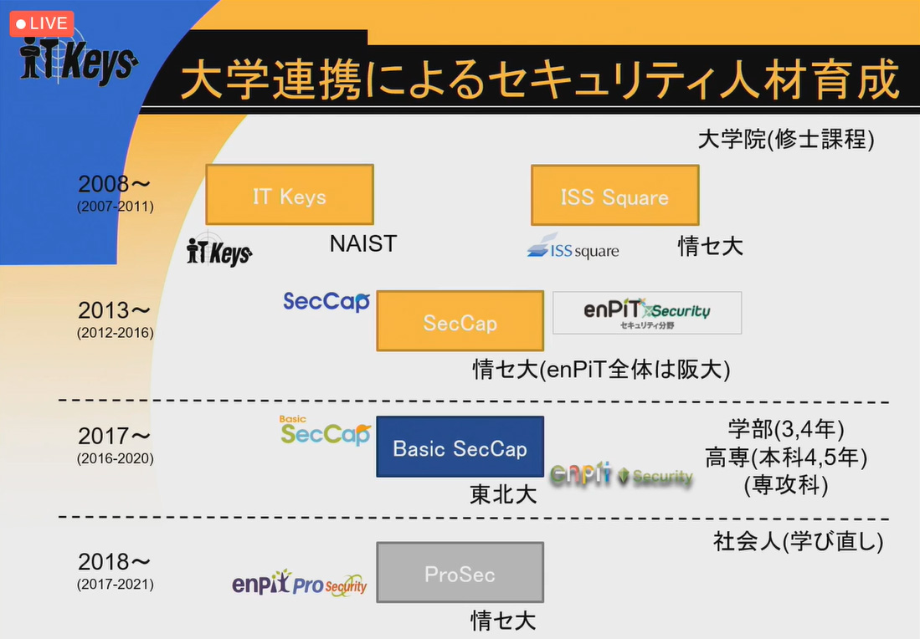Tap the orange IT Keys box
[290, 195]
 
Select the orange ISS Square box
[614, 195]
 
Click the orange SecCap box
[460, 320]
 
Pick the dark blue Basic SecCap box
[460, 447]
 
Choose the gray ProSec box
[460, 573]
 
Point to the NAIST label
[362, 243]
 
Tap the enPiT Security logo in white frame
[647, 313]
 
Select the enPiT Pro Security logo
[299, 583]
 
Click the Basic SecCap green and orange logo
[325, 431]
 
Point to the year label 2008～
[115, 185]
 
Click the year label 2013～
[115, 311]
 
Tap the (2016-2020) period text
[116, 458]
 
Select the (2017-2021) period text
[116, 585]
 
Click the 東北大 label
[503, 494]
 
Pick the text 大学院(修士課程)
[785, 139]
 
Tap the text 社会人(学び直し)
[798, 542]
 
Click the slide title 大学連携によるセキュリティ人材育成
[539, 81]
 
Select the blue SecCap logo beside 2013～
[326, 301]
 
